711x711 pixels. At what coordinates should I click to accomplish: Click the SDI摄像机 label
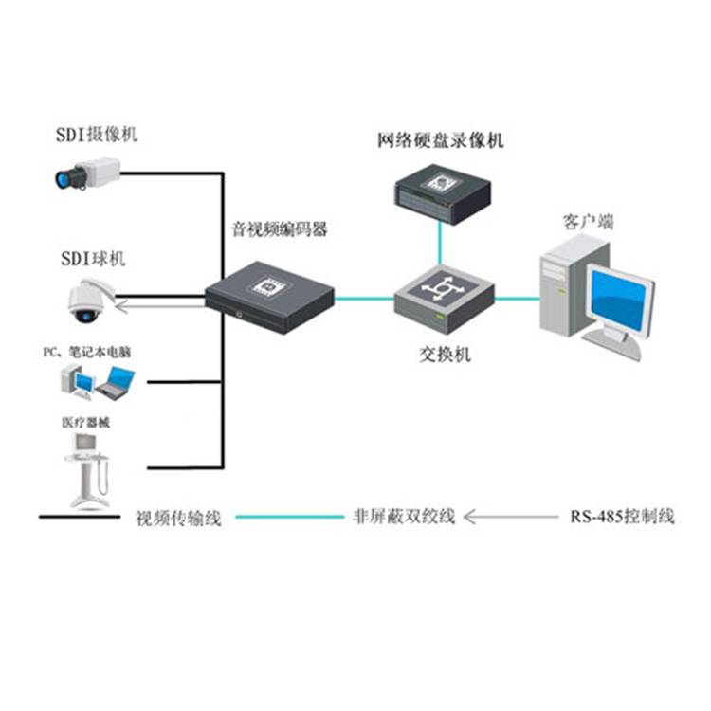(96, 135)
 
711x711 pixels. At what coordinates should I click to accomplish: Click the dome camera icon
(87, 298)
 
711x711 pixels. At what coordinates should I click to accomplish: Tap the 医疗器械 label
(85, 423)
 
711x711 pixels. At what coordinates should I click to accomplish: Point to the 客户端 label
(588, 222)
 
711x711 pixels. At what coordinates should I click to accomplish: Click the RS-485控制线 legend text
(622, 518)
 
